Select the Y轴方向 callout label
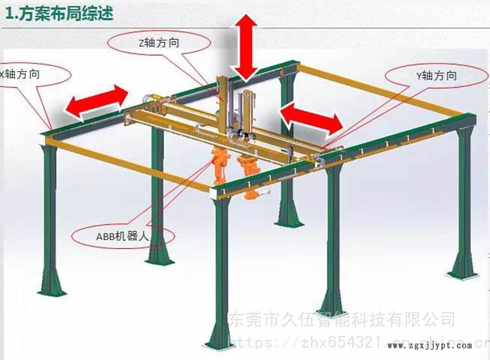click(436, 76)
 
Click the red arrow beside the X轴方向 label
click(97, 101)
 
